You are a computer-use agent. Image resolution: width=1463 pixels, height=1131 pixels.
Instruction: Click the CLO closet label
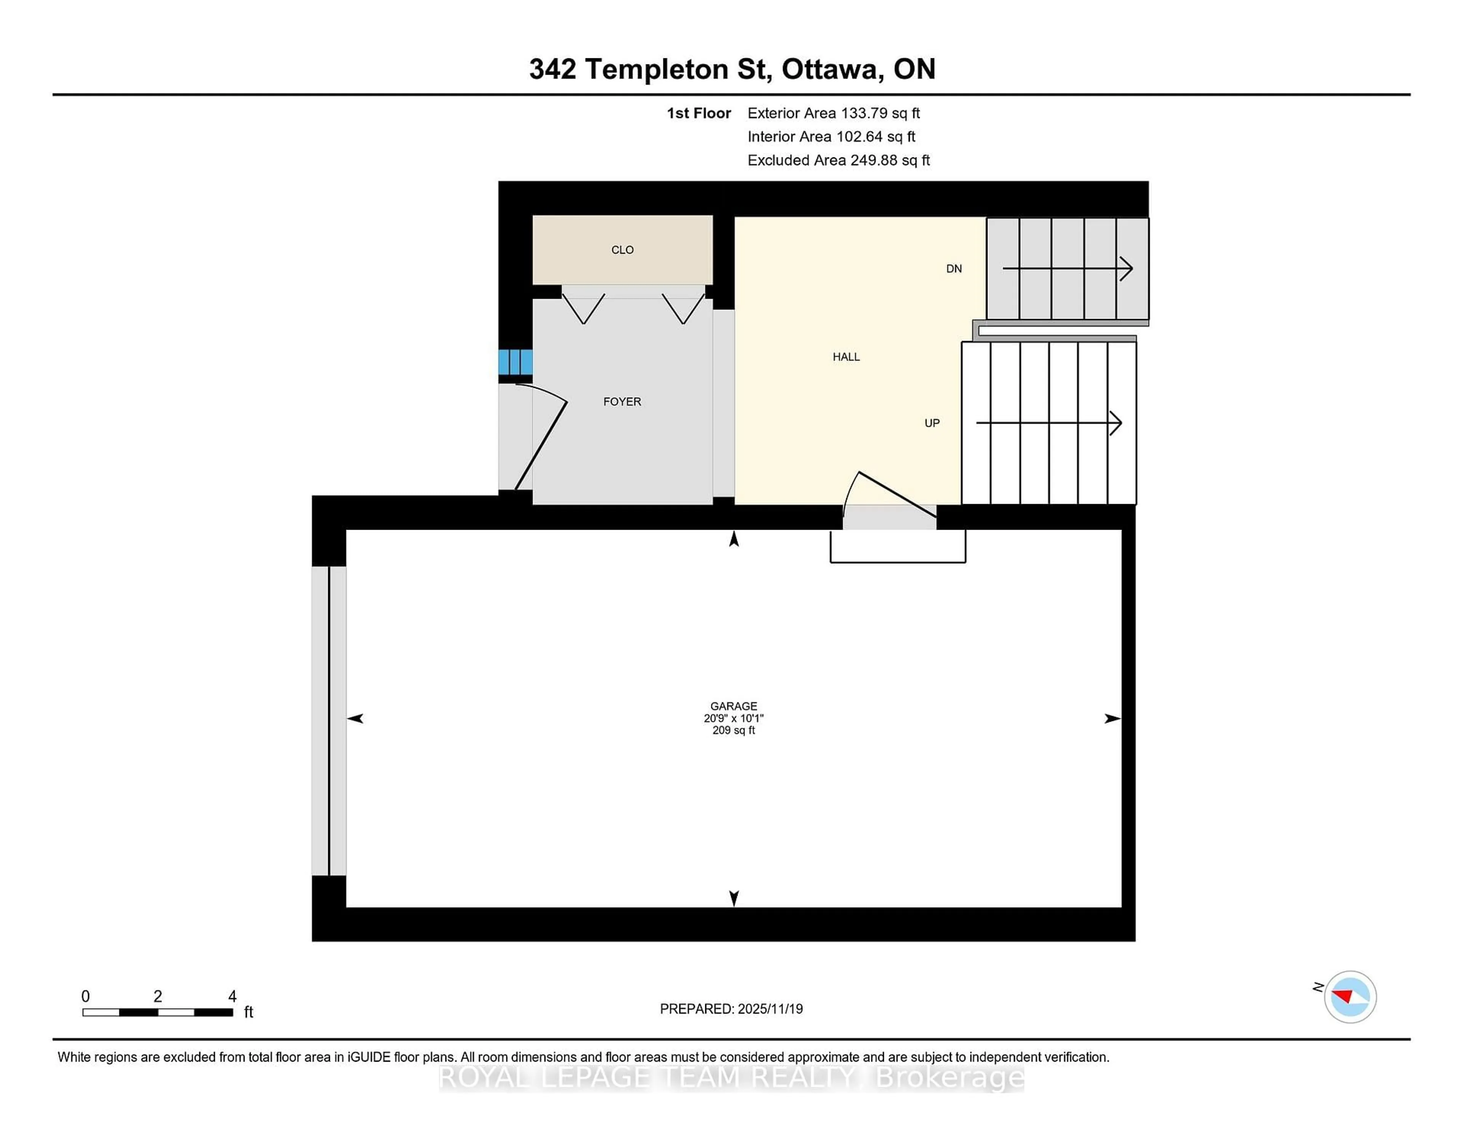(622, 250)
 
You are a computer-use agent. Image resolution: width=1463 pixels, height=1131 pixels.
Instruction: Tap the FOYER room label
(622, 401)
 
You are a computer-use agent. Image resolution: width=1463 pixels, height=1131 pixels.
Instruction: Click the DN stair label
(954, 269)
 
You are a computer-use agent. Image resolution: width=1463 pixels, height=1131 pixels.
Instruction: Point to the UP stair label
(932, 423)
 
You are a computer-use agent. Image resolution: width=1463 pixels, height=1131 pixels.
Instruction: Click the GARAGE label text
(733, 706)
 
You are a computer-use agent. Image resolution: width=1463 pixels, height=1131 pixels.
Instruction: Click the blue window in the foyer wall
(515, 362)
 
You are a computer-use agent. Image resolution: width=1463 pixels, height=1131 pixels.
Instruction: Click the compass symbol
(1350, 996)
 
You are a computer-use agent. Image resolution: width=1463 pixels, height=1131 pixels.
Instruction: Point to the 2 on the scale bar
(157, 996)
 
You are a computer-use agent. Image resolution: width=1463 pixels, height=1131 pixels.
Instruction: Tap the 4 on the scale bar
(232, 996)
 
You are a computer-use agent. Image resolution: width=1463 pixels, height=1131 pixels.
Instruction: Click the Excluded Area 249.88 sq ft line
(839, 160)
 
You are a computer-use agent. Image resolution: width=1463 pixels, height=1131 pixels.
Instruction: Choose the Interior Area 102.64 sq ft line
(831, 137)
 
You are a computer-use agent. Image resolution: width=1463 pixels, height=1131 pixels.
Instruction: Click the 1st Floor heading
(699, 113)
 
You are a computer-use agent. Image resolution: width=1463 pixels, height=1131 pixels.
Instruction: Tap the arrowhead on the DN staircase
(1127, 269)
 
